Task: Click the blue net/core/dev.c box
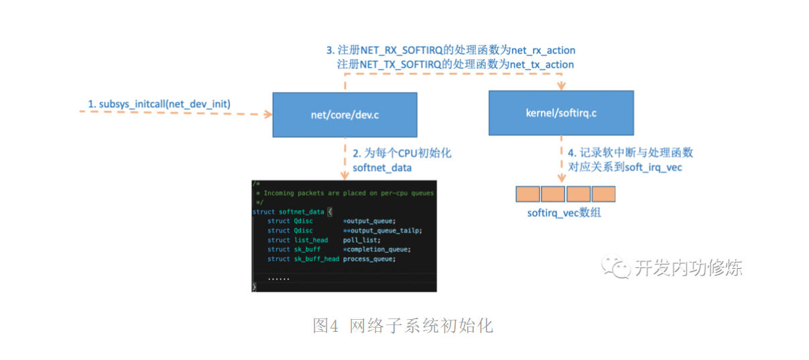click(345, 114)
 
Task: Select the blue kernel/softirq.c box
click(560, 113)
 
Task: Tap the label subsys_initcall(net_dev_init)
click(160, 104)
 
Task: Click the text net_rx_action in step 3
click(543, 50)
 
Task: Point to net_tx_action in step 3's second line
click(542, 64)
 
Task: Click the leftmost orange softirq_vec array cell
click(527, 194)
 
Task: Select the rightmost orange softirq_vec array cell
click(603, 194)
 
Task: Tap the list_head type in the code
click(311, 240)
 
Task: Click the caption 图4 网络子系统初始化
click(403, 326)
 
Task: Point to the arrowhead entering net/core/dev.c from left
click(269, 115)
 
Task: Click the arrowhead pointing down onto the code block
click(345, 176)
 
